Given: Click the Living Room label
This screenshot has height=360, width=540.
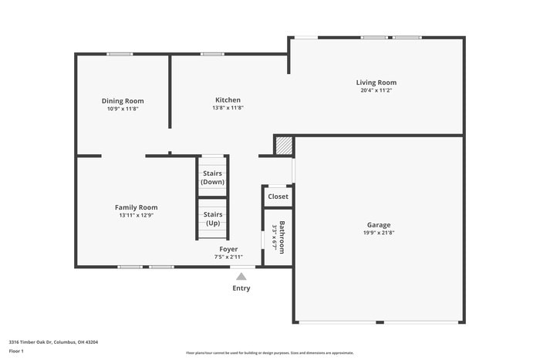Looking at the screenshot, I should (376, 82).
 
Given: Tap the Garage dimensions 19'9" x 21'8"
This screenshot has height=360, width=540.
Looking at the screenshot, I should (378, 233).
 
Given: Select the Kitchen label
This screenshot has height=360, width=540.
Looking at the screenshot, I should (228, 100).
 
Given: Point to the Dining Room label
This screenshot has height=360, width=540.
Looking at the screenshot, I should (123, 101).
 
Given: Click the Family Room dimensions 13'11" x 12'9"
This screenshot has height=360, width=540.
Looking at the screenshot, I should (137, 216).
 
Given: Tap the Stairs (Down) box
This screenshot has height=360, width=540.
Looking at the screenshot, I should (212, 178).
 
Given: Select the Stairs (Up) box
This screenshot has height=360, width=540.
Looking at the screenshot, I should (212, 218).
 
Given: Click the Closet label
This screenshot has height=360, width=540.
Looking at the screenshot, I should (278, 197).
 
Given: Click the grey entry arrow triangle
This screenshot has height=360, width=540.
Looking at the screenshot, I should (241, 276).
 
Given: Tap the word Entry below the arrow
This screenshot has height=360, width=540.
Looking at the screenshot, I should (241, 288).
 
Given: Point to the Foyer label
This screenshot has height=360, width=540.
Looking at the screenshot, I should (228, 249).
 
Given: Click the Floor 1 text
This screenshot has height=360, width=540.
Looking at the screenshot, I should (16, 351).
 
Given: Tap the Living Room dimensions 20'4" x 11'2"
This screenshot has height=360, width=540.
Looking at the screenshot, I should (376, 91).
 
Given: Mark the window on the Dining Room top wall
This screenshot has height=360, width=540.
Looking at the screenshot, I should (120, 54).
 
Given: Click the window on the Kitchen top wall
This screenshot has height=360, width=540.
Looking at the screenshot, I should (213, 54).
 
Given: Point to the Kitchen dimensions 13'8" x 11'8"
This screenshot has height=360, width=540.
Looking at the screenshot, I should (228, 108).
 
